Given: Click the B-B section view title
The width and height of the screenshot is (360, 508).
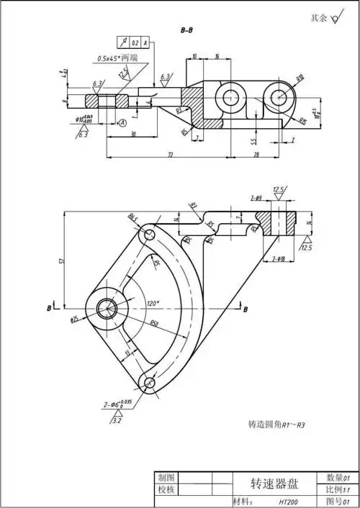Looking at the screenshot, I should tap(186, 31).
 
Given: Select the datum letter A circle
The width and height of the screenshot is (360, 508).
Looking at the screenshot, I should tap(123, 123).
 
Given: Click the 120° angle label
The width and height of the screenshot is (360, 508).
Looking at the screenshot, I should tap(153, 303).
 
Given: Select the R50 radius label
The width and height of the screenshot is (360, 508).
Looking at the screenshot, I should tap(156, 325).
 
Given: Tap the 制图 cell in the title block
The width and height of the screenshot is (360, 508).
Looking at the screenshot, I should tap(166, 477).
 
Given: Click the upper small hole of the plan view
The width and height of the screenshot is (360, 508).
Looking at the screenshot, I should tap(148, 234).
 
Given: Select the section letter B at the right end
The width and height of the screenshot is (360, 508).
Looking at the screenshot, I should tap(245, 309).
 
